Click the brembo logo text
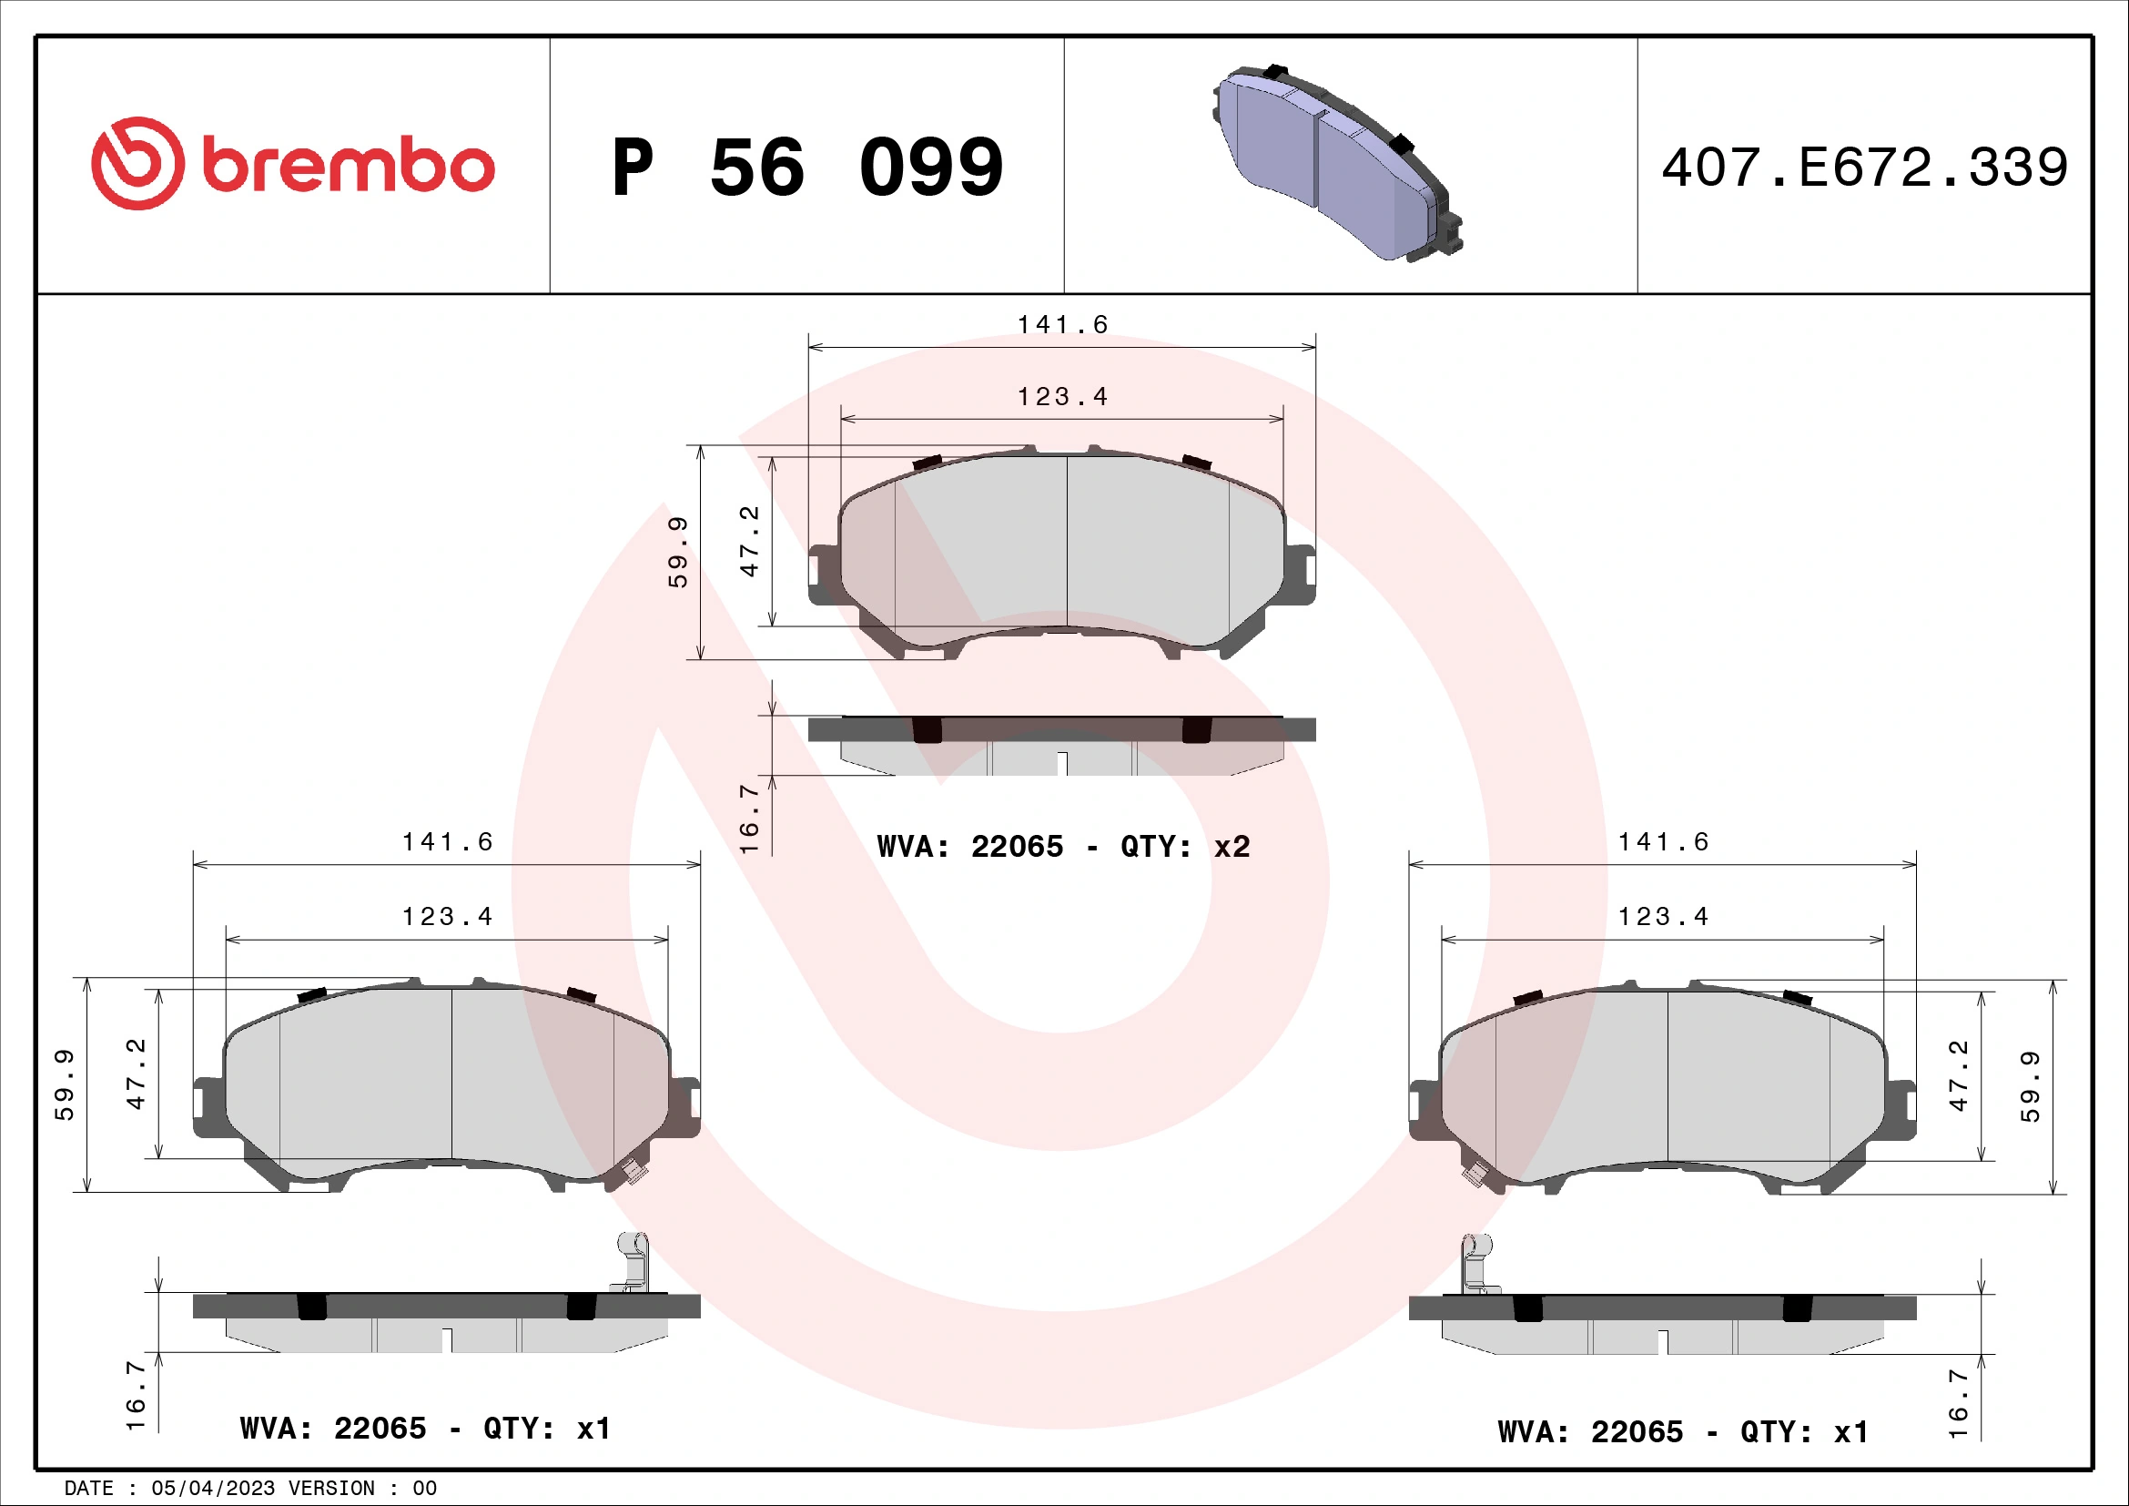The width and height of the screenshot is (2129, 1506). click(x=348, y=166)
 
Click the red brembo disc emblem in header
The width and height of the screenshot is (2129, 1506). click(x=137, y=163)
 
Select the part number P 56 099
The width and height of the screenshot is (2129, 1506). click(x=806, y=168)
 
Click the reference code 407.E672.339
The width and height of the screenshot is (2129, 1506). click(x=1864, y=168)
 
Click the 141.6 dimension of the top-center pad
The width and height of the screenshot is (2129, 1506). click(x=1062, y=324)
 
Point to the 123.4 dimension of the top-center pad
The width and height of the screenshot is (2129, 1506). click(x=1062, y=397)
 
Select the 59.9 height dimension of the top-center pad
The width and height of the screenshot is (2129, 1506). click(x=679, y=552)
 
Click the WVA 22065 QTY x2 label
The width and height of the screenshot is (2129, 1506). click(x=1062, y=847)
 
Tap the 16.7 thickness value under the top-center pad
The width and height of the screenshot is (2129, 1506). click(x=749, y=818)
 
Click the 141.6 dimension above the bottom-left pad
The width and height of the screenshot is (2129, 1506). click(x=447, y=842)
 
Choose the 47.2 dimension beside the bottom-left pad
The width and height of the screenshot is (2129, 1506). click(x=137, y=1074)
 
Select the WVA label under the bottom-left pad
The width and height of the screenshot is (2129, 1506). click(x=426, y=1428)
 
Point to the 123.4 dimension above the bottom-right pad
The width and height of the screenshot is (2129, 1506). click(x=1663, y=917)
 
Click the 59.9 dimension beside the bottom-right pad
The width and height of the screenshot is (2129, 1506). click(x=2031, y=1087)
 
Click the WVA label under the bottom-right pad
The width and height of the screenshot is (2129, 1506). click(x=1683, y=1432)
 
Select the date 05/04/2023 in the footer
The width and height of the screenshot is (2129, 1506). click(x=213, y=1489)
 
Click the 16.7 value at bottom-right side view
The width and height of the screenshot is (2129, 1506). click(x=1959, y=1403)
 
